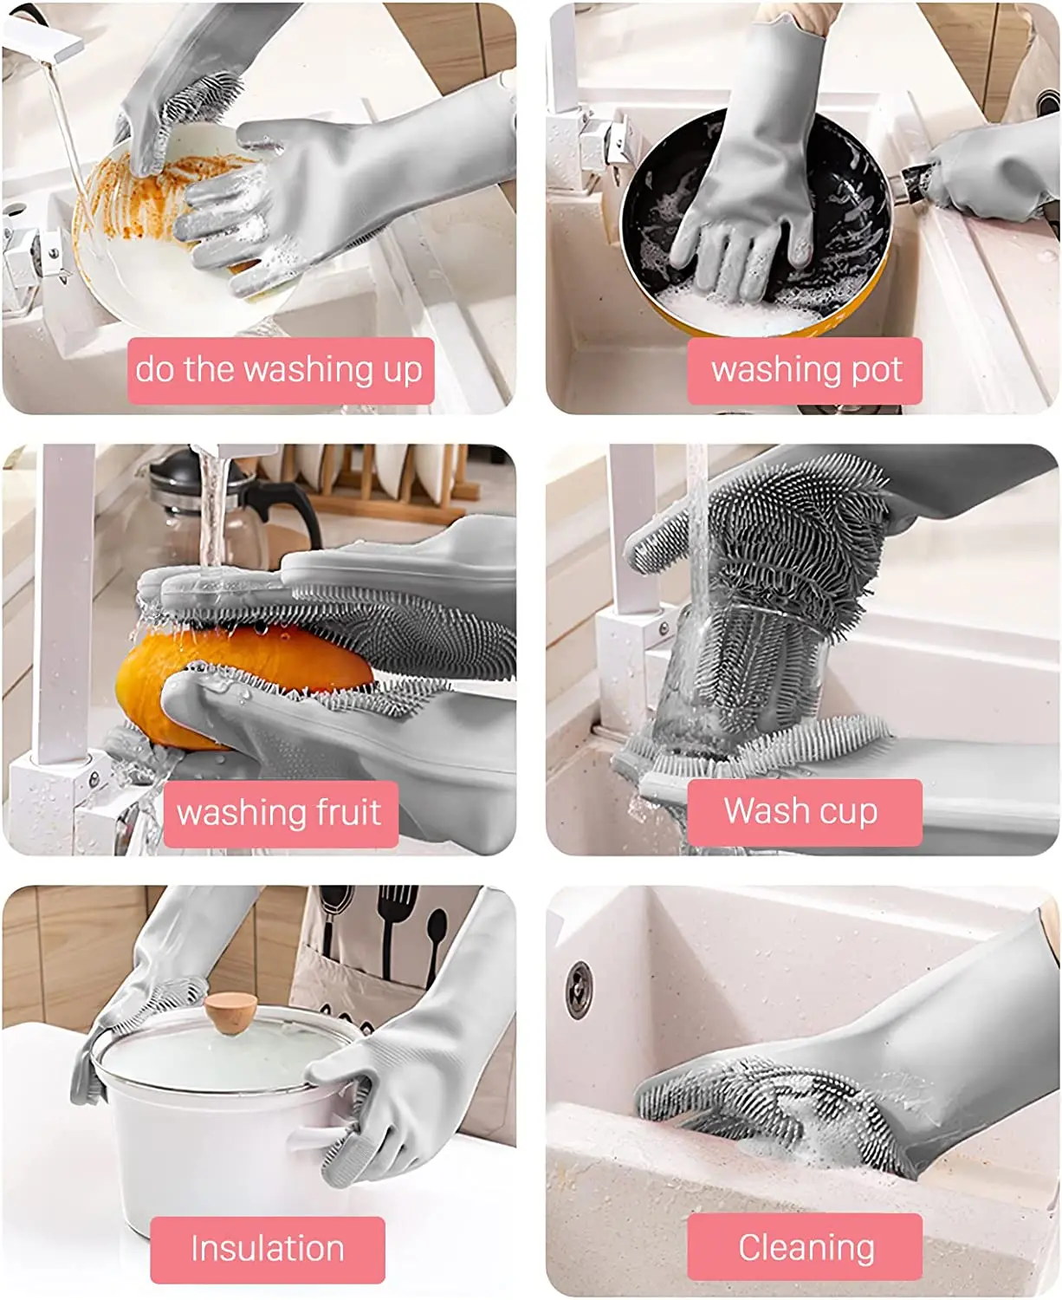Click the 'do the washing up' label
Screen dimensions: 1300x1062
click(x=280, y=370)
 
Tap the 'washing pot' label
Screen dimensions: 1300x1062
click(x=805, y=370)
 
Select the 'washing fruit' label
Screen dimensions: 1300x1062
click(x=280, y=813)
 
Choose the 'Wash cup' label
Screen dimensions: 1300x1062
click(x=803, y=811)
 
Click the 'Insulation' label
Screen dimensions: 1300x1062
click(x=267, y=1249)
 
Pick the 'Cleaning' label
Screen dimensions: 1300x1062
click(x=805, y=1247)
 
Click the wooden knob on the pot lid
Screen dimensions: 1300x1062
click(x=230, y=1011)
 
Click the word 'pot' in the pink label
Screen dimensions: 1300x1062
click(x=877, y=370)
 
